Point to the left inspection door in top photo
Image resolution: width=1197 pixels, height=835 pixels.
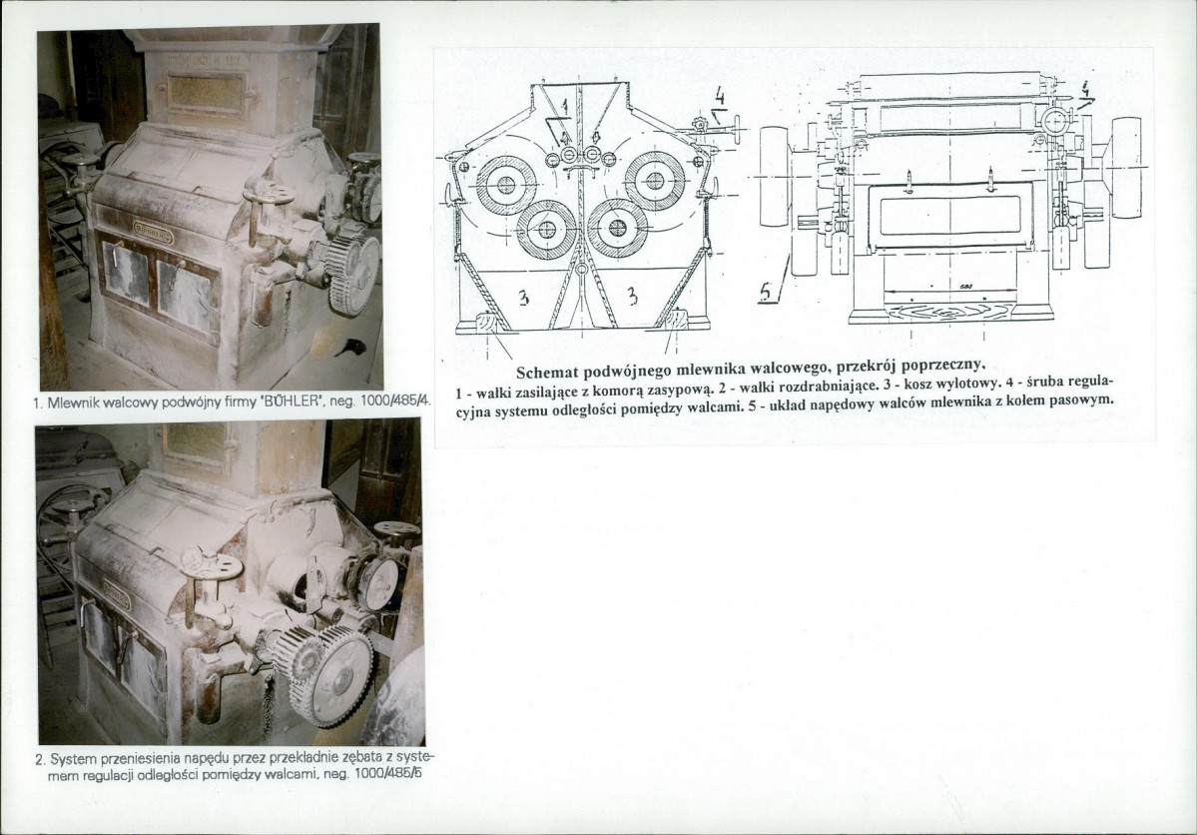tap(126, 274)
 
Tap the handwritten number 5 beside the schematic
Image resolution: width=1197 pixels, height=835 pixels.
tap(767, 292)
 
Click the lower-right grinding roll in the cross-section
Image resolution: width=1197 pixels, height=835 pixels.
tap(618, 228)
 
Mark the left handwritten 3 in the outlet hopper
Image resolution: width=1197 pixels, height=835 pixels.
tap(524, 298)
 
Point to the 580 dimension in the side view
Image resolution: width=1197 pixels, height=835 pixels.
tap(964, 288)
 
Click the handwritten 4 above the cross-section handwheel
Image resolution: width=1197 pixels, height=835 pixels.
tap(719, 96)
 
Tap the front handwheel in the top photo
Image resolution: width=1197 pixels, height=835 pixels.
tap(268, 191)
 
